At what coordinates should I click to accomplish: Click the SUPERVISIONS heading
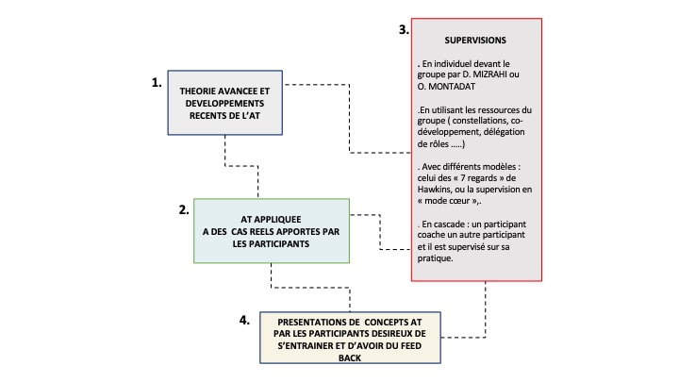point(475,41)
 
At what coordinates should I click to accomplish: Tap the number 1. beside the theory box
point(157,82)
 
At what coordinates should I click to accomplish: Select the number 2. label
point(184,209)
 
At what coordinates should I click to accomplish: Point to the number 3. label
point(404,29)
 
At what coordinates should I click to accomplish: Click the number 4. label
point(244,320)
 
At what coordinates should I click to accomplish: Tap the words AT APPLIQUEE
point(271,220)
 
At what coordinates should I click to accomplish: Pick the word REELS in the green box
point(261,232)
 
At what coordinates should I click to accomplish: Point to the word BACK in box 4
point(350,358)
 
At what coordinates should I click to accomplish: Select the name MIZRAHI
point(491,75)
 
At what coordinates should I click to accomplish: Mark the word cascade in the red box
point(452,224)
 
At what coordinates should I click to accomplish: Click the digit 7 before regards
point(463,178)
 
